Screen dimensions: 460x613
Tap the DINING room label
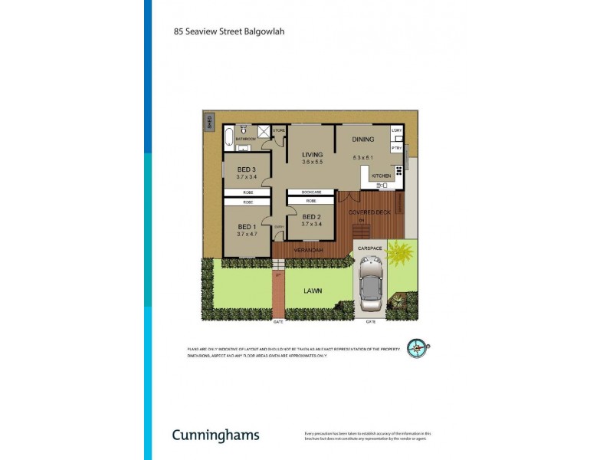(x=362, y=140)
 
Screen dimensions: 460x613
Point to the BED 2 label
(x=310, y=217)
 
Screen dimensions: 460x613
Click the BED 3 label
(x=245, y=169)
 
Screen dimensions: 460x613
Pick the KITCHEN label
(x=381, y=176)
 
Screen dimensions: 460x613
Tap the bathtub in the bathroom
(x=228, y=138)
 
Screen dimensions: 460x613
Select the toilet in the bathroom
(x=242, y=130)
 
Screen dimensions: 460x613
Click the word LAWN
(x=312, y=291)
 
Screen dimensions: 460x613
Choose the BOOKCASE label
(x=310, y=192)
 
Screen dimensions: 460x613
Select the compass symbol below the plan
(x=417, y=349)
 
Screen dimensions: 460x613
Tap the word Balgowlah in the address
(x=263, y=33)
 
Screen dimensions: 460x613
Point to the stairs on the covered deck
(x=360, y=230)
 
